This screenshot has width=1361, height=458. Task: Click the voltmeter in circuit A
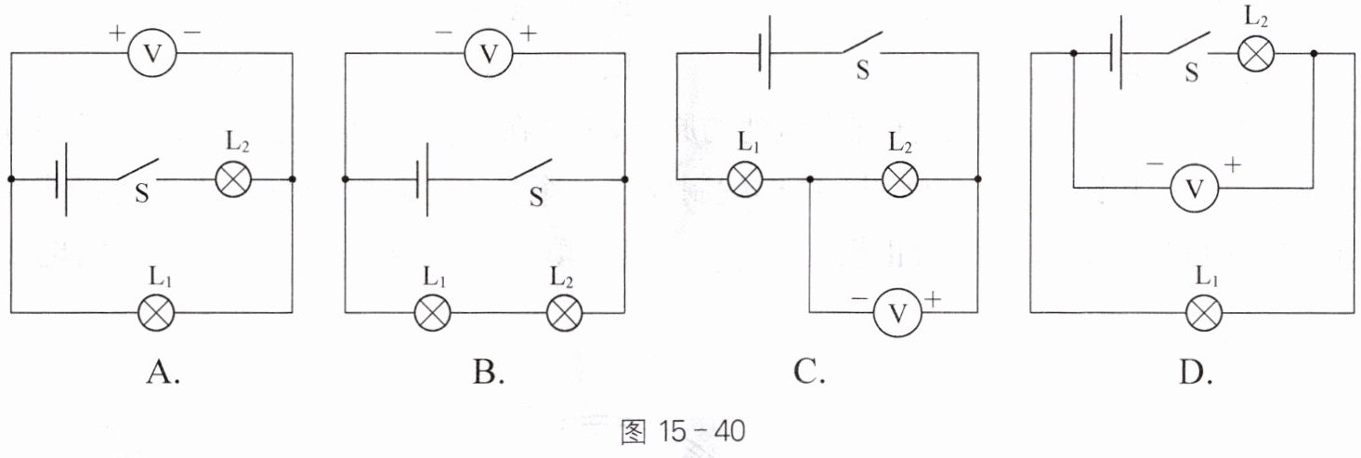tap(152, 54)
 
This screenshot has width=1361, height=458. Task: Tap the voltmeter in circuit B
tap(489, 54)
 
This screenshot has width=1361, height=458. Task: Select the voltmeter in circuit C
tap(897, 312)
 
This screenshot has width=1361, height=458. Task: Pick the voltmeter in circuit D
tap(1195, 189)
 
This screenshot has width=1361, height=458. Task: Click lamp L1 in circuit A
tap(156, 313)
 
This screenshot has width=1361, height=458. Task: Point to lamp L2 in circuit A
tap(233, 179)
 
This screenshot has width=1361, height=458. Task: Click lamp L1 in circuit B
tap(433, 313)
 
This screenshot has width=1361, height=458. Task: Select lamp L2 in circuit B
tap(565, 313)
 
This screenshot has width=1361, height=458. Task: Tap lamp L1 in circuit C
tap(745, 180)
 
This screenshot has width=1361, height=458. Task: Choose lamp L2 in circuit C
tap(900, 180)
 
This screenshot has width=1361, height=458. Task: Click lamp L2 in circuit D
tap(1256, 54)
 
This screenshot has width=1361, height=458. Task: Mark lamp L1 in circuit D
tap(1204, 313)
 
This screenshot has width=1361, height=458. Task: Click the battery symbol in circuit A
tap(60, 179)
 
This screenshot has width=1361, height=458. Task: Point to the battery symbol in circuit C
tap(765, 53)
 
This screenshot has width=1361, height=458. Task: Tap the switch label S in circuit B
tap(536, 197)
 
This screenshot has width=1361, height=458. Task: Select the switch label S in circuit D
tap(1192, 72)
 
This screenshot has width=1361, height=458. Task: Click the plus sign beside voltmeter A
tap(116, 33)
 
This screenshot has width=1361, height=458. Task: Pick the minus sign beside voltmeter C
tap(859, 299)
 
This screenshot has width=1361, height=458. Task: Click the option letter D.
tap(1195, 372)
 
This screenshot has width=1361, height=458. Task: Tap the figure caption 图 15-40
tap(682, 431)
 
